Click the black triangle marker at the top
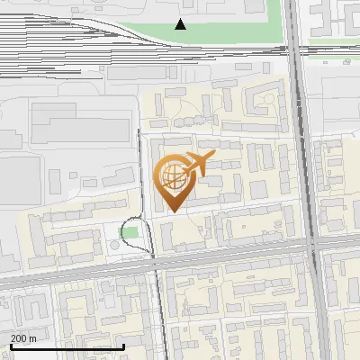coord(181,24)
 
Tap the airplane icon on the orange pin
coord(197,165)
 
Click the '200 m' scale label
coord(23,338)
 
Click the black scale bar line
coord(67,346)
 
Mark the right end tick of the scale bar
coord(123,346)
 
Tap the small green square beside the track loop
coord(131,233)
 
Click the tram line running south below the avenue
coord(162,315)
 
